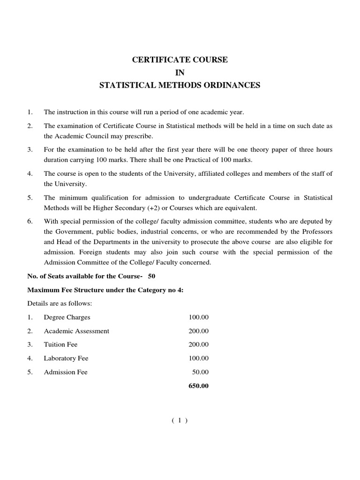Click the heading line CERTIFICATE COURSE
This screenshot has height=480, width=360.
(180, 60)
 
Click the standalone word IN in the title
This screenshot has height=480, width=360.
(180, 73)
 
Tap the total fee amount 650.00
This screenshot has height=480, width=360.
(199, 386)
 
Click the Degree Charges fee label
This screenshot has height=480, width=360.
(67, 317)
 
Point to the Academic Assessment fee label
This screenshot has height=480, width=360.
(76, 331)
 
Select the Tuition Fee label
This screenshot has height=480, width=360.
(61, 345)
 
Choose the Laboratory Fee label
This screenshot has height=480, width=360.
(66, 359)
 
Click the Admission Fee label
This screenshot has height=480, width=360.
(66, 372)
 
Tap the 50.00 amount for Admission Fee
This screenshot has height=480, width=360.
(201, 372)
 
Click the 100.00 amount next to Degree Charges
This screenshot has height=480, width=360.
(199, 317)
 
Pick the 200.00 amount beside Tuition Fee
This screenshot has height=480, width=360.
(199, 345)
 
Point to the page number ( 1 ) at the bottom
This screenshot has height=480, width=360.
(180, 420)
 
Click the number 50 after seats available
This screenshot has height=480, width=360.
(151, 276)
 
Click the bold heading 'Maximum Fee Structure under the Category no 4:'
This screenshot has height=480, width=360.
(105, 290)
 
